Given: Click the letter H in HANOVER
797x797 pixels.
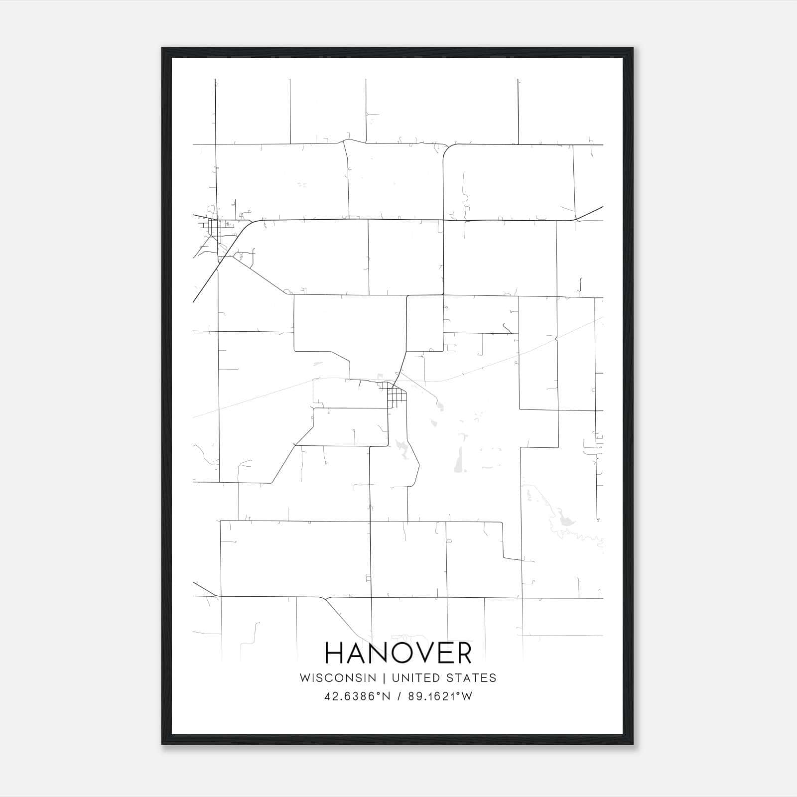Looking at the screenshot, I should point(335,653).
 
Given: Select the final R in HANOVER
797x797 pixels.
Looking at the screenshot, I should point(463,653).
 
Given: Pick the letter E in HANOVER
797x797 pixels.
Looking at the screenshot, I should point(440,653).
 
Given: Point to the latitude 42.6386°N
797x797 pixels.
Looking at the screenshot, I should point(356,696).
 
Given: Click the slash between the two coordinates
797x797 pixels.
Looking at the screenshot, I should point(398,696).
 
